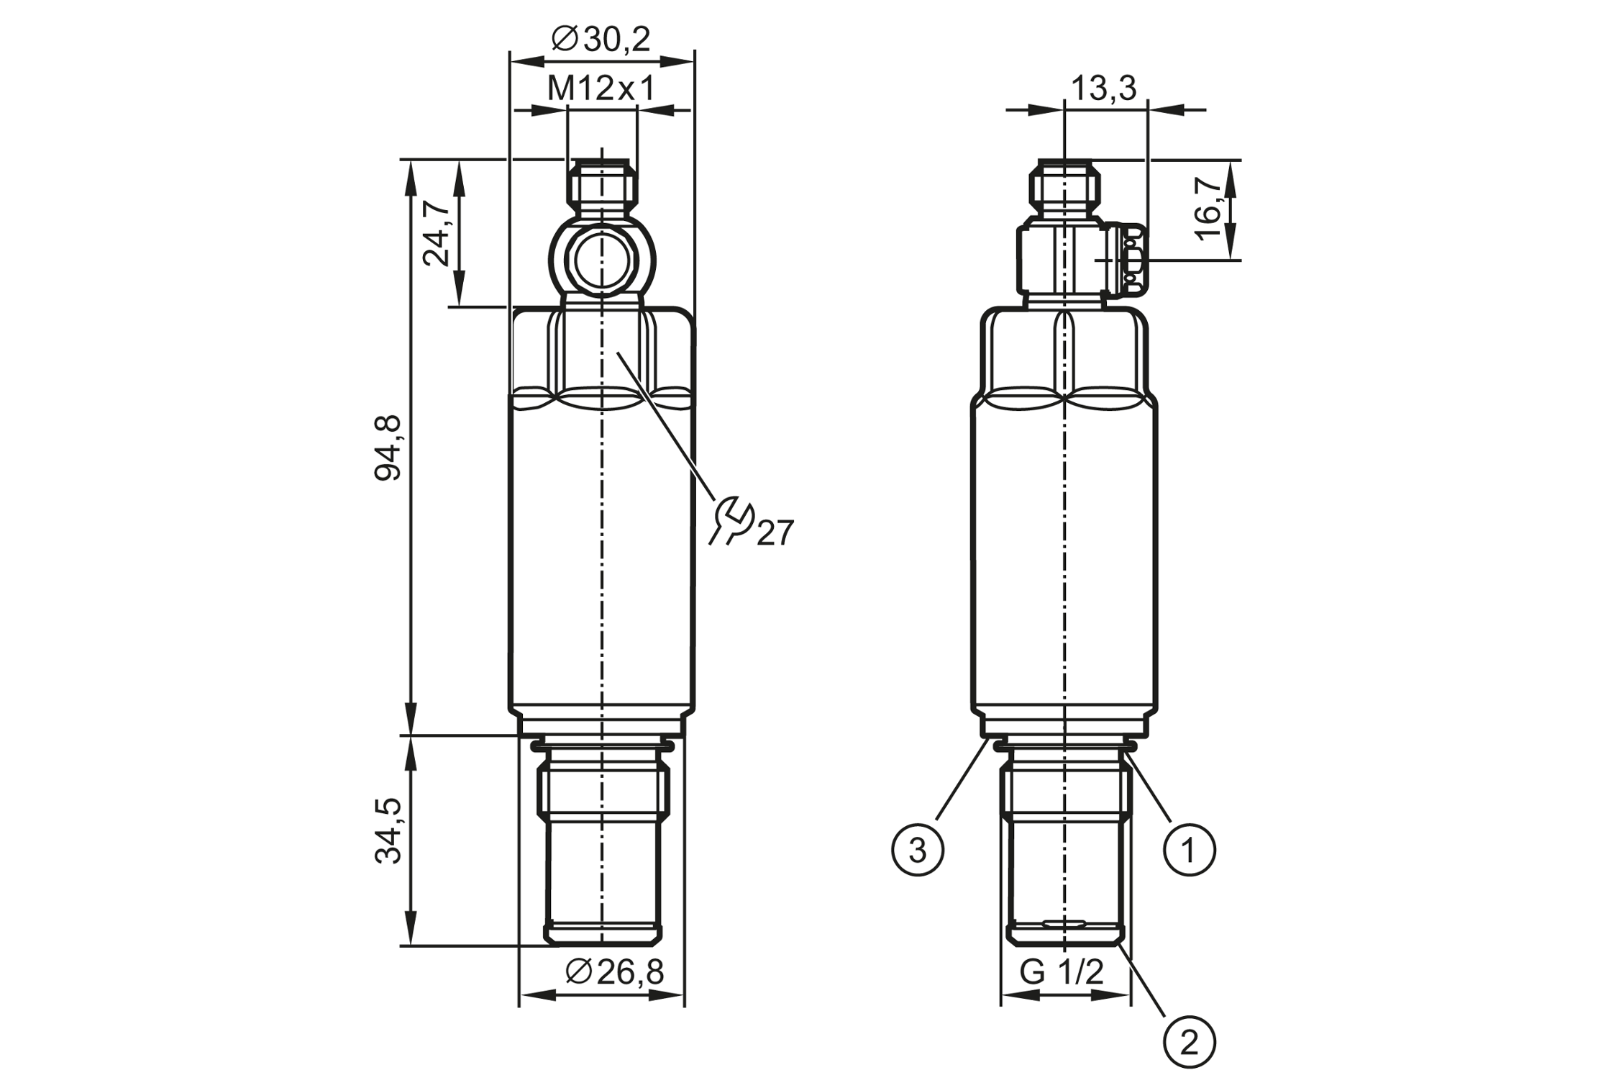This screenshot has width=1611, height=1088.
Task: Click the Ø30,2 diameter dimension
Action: pyautogui.click(x=601, y=39)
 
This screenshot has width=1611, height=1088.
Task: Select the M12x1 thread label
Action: pyautogui.click(x=601, y=89)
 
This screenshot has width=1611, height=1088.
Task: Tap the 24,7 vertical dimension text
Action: pyautogui.click(x=437, y=233)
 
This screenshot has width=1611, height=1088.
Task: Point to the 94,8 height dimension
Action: pyautogui.click(x=389, y=448)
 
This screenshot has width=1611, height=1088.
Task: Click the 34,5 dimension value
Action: pyautogui.click(x=389, y=830)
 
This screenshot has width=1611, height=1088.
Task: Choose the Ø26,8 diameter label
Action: pyautogui.click(x=616, y=972)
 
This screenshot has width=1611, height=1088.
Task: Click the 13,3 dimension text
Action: pyautogui.click(x=1104, y=89)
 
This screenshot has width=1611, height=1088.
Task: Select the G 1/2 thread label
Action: pyautogui.click(x=1062, y=972)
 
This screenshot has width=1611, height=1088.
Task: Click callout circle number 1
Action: pyautogui.click(x=1190, y=850)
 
